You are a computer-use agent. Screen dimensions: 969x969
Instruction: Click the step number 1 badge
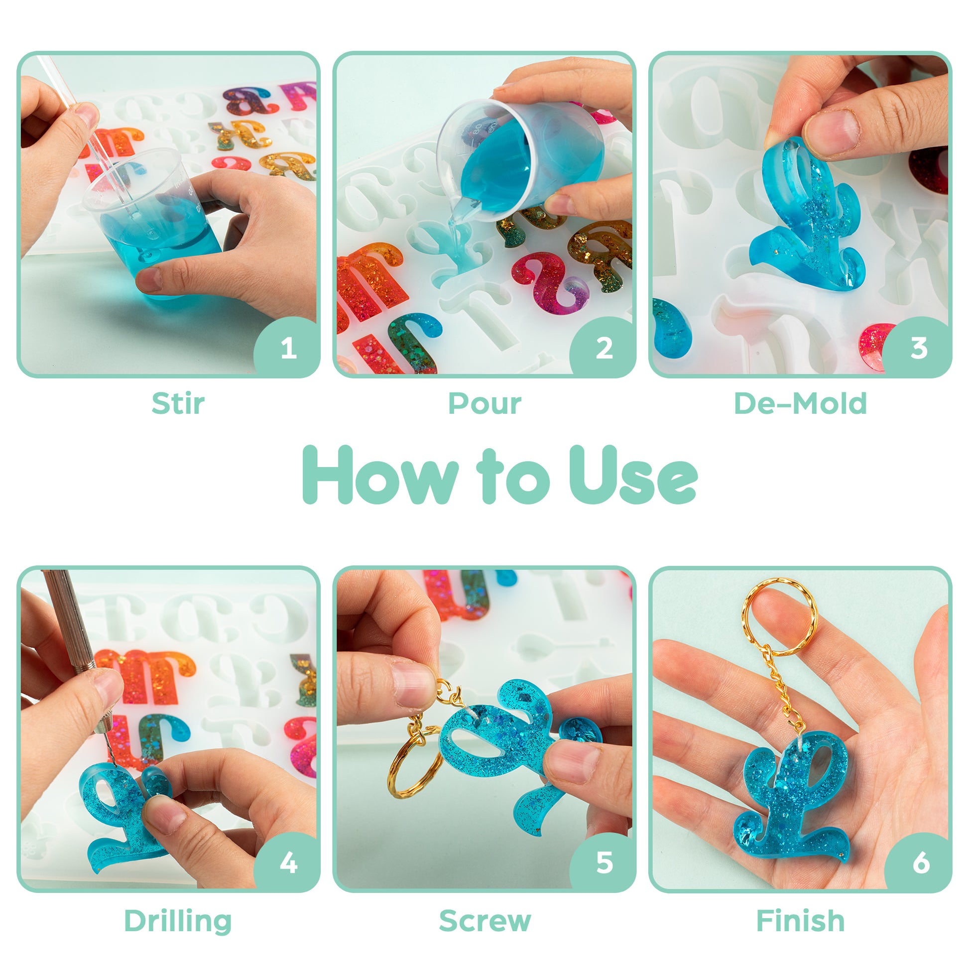click(288, 348)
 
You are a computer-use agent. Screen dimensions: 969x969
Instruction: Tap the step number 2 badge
click(604, 348)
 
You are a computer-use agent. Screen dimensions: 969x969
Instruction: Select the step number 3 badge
click(919, 348)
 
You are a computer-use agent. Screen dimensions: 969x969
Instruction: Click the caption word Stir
click(178, 403)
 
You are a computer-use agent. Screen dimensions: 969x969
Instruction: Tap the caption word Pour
click(484, 404)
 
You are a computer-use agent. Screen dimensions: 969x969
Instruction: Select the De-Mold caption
click(800, 403)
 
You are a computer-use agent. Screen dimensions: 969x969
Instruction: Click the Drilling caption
click(178, 921)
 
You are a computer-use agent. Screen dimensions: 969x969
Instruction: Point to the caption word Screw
click(484, 921)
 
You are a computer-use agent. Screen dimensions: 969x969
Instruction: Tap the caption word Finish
click(801, 920)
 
